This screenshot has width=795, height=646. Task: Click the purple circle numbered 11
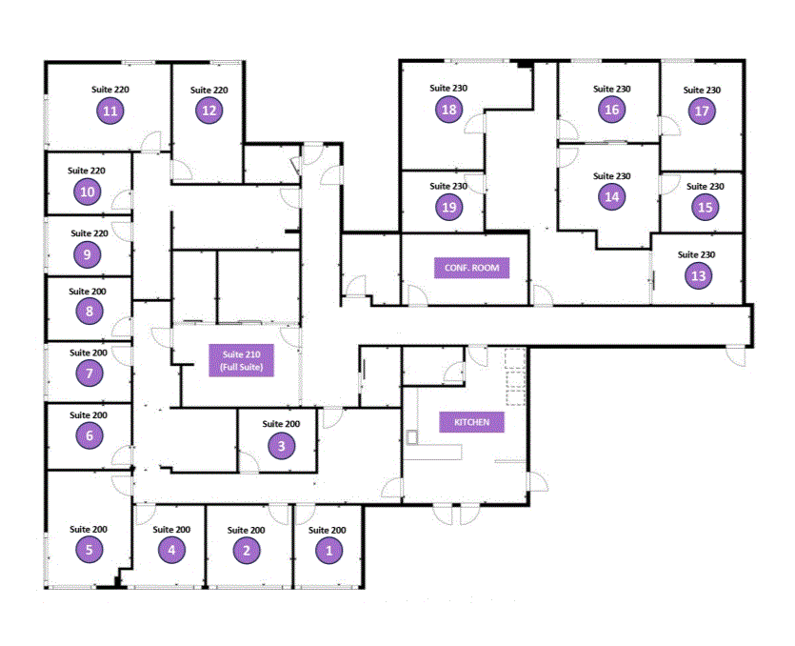[x=110, y=111]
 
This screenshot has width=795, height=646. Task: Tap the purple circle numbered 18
[x=449, y=110]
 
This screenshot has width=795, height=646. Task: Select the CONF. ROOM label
[x=471, y=268]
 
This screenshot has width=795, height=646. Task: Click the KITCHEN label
[x=466, y=422]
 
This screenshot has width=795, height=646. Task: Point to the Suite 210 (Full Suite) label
[x=242, y=362]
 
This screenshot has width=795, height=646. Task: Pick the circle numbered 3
[x=281, y=444]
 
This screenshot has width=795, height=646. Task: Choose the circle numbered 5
[x=89, y=549]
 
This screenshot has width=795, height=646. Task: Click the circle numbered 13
[x=697, y=276]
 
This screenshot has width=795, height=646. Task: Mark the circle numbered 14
[x=611, y=197]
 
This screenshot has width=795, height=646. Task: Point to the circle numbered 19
[x=449, y=207]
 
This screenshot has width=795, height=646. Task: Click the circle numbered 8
[x=89, y=311]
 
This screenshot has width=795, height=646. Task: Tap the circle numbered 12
[x=209, y=111]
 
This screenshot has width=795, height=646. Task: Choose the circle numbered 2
[x=246, y=550]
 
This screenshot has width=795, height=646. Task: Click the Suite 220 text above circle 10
[x=87, y=171]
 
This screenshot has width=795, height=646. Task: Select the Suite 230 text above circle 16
[x=612, y=89]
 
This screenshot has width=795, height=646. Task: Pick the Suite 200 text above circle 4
[x=172, y=530]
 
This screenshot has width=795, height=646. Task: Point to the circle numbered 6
[x=89, y=435]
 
